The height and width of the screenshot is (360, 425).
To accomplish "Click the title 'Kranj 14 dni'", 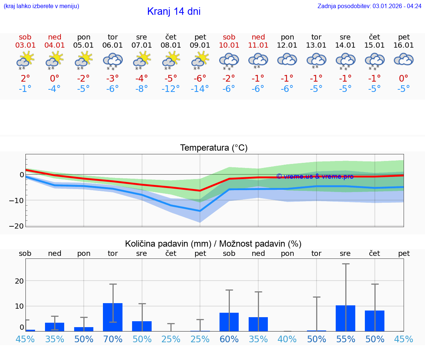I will (x=174, y=11).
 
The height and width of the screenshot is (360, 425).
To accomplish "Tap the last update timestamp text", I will (x=369, y=6).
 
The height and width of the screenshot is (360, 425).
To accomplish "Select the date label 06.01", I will (x=113, y=45).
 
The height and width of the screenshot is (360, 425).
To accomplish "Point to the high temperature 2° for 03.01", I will (x=25, y=78).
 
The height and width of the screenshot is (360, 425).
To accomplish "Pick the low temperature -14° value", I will (x=200, y=89).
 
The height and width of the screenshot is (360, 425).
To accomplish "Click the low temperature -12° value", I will (x=170, y=89).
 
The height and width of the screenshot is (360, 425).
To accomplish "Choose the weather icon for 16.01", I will (x=404, y=60).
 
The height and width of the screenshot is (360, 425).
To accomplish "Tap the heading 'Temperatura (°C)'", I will (x=214, y=148).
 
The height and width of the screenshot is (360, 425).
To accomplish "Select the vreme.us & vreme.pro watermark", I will (x=315, y=176).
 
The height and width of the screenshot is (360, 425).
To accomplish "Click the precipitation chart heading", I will (x=213, y=244).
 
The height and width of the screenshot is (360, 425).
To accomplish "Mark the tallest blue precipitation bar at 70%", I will (x=113, y=317).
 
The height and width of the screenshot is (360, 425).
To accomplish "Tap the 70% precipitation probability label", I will (x=113, y=339).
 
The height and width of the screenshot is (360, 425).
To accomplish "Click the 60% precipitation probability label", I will (x=229, y=339).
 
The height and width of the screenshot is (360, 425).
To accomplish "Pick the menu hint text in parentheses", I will (x=41, y=6).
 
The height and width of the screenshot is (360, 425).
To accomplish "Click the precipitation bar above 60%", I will (x=229, y=322).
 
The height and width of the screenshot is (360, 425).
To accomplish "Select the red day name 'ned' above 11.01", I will (x=258, y=37).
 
